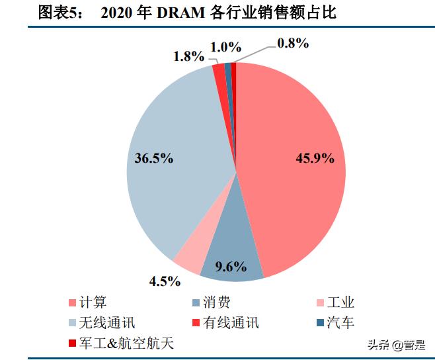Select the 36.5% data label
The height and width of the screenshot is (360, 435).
point(153,159)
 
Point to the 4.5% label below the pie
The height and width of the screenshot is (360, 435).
point(165,281)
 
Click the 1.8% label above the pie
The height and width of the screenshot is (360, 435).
point(188,56)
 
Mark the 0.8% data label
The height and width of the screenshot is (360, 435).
point(293,43)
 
